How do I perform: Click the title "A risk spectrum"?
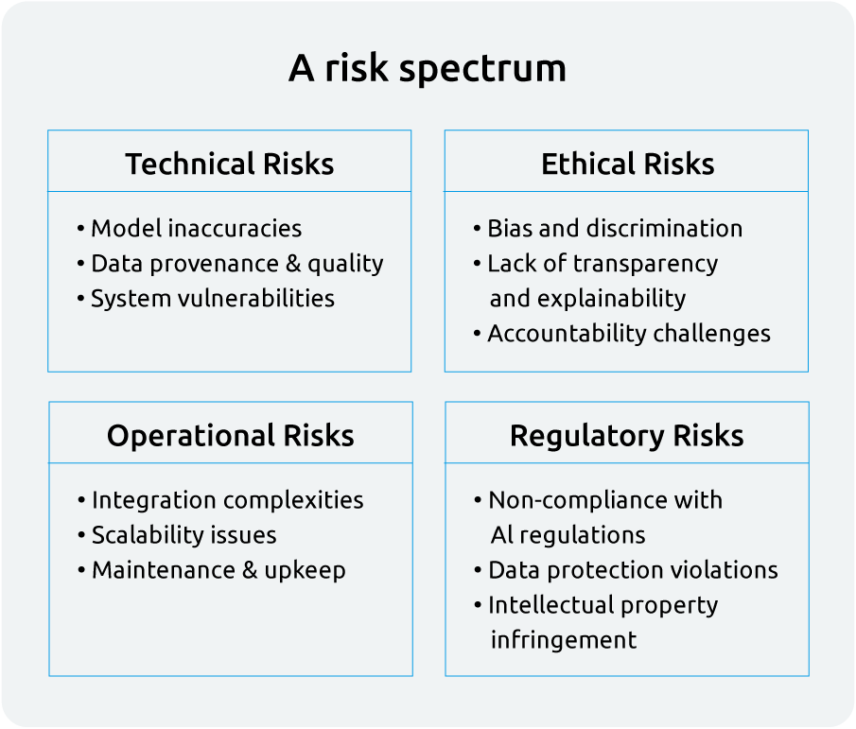tap(428, 69)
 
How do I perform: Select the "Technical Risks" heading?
tap(230, 164)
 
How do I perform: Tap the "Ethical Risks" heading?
tap(627, 164)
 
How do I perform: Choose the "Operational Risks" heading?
tap(230, 435)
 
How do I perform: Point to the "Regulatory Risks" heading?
tap(627, 435)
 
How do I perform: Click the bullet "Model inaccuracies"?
tap(196, 228)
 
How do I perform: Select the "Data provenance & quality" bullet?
tap(236, 263)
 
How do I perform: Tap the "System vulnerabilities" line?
tap(212, 298)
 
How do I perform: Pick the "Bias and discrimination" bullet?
tap(614, 228)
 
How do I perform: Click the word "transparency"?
tap(651, 263)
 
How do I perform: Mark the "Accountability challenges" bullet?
tap(628, 333)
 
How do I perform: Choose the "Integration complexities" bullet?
tap(227, 499)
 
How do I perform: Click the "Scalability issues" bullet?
tap(183, 534)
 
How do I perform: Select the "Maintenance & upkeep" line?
tap(218, 569)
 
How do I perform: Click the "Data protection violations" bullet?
tap(632, 569)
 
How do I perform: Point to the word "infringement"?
tap(564, 639)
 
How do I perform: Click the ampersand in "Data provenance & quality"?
tap(293, 263)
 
